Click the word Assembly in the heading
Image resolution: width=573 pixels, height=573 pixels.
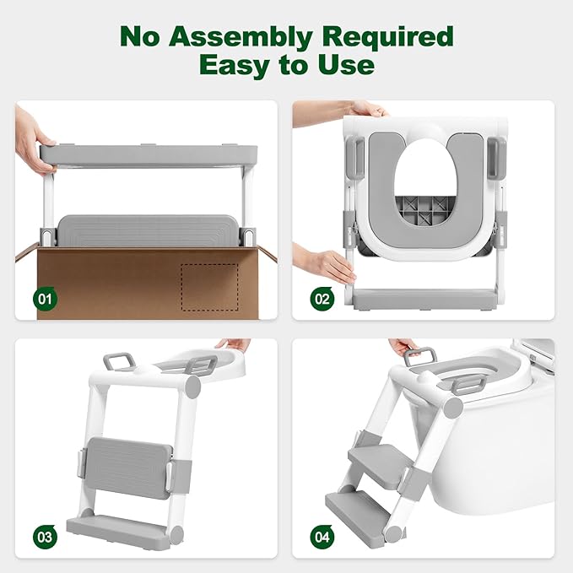click(x=241, y=38)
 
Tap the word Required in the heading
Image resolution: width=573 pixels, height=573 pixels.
click(x=387, y=38)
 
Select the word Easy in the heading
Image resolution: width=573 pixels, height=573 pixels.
click(x=235, y=64)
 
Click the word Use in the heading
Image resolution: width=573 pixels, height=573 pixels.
click(x=346, y=64)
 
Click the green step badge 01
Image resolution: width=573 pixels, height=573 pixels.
click(x=45, y=299)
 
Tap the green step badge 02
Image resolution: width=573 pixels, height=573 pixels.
click(x=322, y=299)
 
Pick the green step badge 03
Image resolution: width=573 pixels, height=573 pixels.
click(x=45, y=537)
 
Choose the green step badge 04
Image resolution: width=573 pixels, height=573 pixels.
click(x=322, y=537)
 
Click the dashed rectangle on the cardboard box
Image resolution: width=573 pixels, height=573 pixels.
click(x=210, y=287)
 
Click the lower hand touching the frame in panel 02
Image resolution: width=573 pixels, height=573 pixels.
click(x=325, y=263)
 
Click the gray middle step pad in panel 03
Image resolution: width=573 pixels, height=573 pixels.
click(x=128, y=468)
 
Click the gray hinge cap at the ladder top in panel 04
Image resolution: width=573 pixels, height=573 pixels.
click(x=453, y=408)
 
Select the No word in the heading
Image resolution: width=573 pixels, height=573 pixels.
click(x=140, y=38)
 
